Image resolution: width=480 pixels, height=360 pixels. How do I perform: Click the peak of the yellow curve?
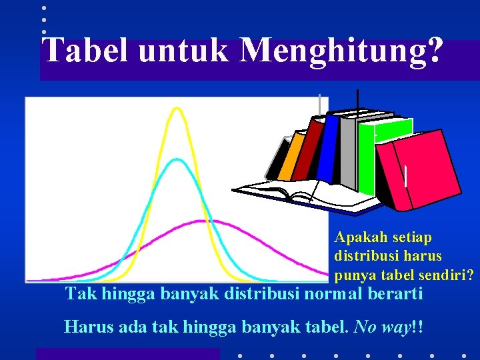pos(177,108)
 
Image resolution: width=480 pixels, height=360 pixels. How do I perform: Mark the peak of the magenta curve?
pos(200,221)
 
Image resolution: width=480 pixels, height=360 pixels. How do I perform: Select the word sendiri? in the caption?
pos(446,273)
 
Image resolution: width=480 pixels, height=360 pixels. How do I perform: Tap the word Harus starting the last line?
pos(83,327)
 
